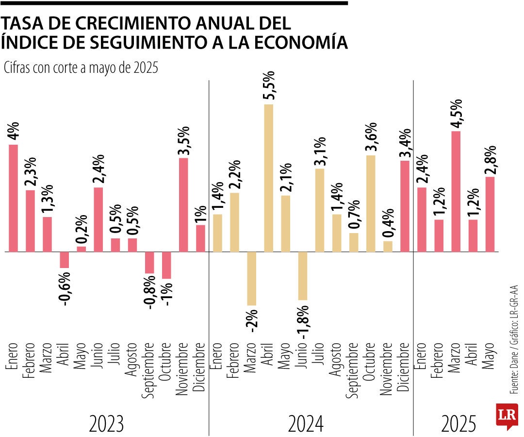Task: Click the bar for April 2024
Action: [268, 178]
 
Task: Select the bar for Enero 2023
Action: [13, 198]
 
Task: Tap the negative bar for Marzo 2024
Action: [251, 278]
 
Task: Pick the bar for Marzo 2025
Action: [456, 191]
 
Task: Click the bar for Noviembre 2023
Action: [183, 204]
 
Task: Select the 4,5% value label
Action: [456, 113]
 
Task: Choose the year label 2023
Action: [107, 424]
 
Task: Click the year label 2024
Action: [306, 424]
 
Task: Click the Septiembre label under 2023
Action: [149, 370]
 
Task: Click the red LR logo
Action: [507, 416]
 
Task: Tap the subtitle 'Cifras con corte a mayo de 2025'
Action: [81, 68]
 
